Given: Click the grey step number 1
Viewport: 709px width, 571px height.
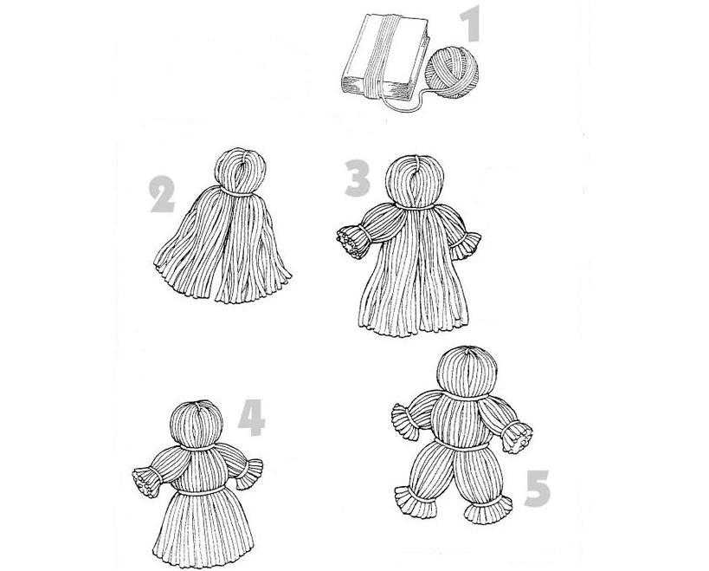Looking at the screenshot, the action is pyautogui.click(x=471, y=23).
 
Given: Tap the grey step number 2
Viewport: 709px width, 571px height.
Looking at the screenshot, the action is pyautogui.click(x=162, y=194).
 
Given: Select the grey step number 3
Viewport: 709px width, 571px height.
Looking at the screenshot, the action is pyautogui.click(x=358, y=178).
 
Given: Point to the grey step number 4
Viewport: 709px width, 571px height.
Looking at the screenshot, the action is pyautogui.click(x=251, y=417).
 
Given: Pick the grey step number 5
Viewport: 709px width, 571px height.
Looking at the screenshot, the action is pyautogui.click(x=538, y=488).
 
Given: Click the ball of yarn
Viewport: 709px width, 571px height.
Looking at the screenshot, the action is pyautogui.click(x=451, y=74).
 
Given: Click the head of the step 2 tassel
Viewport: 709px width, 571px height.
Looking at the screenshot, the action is pyautogui.click(x=240, y=171).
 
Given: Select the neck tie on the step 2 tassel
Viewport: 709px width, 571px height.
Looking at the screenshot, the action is pyautogui.click(x=237, y=192).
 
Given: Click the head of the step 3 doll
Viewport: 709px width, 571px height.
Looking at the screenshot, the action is pyautogui.click(x=415, y=181).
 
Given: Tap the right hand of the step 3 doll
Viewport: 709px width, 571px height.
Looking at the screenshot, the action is pyautogui.click(x=470, y=241).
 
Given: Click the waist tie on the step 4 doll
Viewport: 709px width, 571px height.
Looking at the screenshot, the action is pyautogui.click(x=200, y=491).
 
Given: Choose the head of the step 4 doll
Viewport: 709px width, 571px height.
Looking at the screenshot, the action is pyautogui.click(x=197, y=425).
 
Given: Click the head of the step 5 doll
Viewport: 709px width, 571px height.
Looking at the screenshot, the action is pyautogui.click(x=467, y=372).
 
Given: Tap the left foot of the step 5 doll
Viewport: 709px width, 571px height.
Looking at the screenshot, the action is pyautogui.click(x=415, y=502).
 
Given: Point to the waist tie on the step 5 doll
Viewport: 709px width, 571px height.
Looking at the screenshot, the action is pyautogui.click(x=461, y=445).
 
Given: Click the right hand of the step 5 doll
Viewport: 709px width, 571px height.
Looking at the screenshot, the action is pyautogui.click(x=517, y=436).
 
